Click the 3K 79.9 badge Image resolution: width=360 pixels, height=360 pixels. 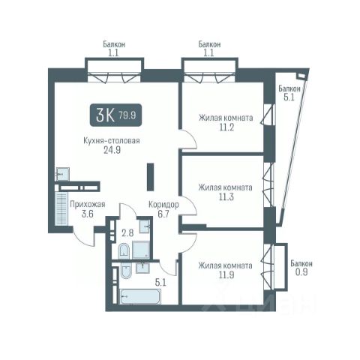coord(115,115)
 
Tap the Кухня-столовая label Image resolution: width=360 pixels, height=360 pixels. coord(112,141)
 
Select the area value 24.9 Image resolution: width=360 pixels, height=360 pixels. coord(112,150)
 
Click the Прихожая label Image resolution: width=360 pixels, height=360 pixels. coord(88,204)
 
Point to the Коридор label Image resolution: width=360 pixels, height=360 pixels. coord(163,205)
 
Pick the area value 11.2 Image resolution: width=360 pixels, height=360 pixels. coord(226,127)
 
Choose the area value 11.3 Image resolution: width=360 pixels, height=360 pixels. coord(226,197)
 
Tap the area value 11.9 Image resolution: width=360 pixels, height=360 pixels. coord(226,275)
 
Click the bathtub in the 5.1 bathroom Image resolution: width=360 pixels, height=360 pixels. coord(140,296)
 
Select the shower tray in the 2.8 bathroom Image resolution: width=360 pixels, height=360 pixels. coord(141,250)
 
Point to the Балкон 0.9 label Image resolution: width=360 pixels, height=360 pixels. coord(301,268)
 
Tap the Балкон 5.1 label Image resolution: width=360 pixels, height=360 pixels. coord(289,93)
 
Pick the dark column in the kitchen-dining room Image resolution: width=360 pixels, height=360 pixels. coord(150,177)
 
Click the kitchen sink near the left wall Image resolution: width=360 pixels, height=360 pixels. coord(62,174)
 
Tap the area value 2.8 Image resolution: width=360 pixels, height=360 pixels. coord(127,233)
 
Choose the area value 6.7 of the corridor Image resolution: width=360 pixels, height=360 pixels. coord(163,214)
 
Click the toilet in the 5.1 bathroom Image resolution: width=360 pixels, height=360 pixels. coord(126,271)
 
